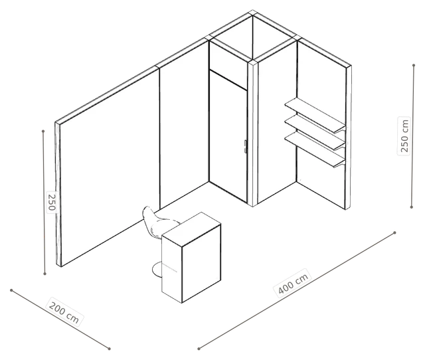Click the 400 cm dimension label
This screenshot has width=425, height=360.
[x=294, y=283]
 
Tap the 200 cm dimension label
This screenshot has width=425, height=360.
[x=64, y=312]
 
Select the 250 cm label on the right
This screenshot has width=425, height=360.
[x=404, y=135]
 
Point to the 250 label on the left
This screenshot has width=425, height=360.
[x=52, y=202]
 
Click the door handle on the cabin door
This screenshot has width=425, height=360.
[x=245, y=147]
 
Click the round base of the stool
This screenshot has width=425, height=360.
[x=157, y=270]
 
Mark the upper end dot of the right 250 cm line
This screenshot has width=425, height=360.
[x=414, y=65]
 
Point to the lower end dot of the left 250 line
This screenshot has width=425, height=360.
[x=45, y=274]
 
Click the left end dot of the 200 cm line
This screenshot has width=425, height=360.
[x=11, y=290]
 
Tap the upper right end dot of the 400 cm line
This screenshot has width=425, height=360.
[x=394, y=232]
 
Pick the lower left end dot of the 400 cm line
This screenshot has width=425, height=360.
[x=199, y=349]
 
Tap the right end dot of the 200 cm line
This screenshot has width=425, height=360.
[x=109, y=349]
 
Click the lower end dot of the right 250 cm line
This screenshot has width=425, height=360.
[x=412, y=207]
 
